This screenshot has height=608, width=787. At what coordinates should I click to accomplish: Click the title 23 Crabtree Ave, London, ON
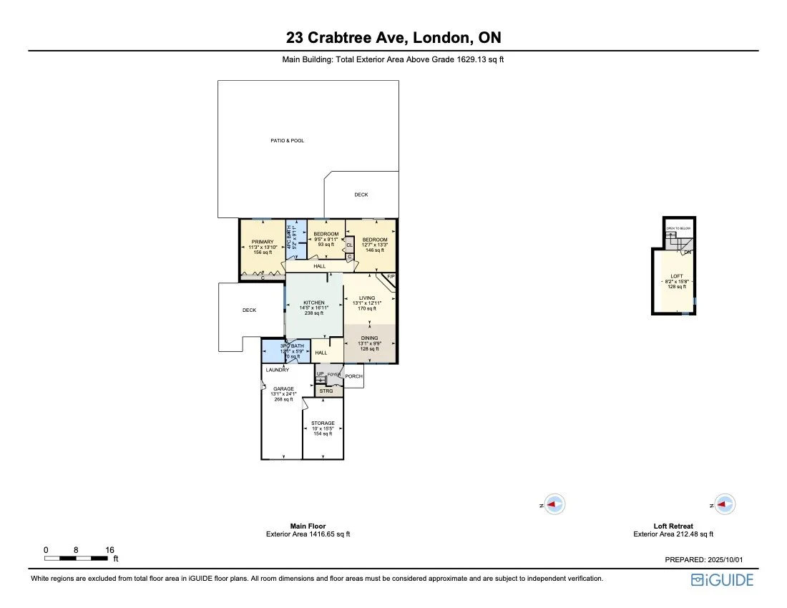click(393, 37)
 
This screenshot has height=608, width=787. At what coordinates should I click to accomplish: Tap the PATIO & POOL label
click(287, 141)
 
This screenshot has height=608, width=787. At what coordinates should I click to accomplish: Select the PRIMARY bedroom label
click(263, 242)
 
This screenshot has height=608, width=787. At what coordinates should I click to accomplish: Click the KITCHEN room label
click(313, 303)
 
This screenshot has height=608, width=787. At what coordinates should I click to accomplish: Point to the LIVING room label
click(367, 298)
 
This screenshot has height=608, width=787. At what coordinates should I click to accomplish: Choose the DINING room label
click(369, 338)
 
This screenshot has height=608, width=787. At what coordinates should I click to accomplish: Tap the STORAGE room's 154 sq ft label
click(323, 433)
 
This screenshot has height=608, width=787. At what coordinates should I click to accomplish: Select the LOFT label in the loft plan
click(677, 276)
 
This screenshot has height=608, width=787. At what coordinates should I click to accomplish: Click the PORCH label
click(353, 376)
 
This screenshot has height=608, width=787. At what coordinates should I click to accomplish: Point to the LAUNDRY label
click(277, 370)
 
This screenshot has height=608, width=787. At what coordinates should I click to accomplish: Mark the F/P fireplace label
click(391, 276)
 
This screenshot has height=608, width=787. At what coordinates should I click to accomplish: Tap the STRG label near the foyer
click(326, 391)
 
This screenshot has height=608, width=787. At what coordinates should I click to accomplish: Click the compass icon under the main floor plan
click(555, 504)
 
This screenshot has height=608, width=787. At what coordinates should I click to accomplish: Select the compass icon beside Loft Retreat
click(725, 504)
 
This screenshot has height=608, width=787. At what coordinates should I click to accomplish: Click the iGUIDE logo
click(722, 580)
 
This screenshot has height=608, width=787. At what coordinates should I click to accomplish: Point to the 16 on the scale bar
click(109, 550)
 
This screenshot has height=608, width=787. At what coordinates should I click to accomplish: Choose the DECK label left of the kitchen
click(249, 310)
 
